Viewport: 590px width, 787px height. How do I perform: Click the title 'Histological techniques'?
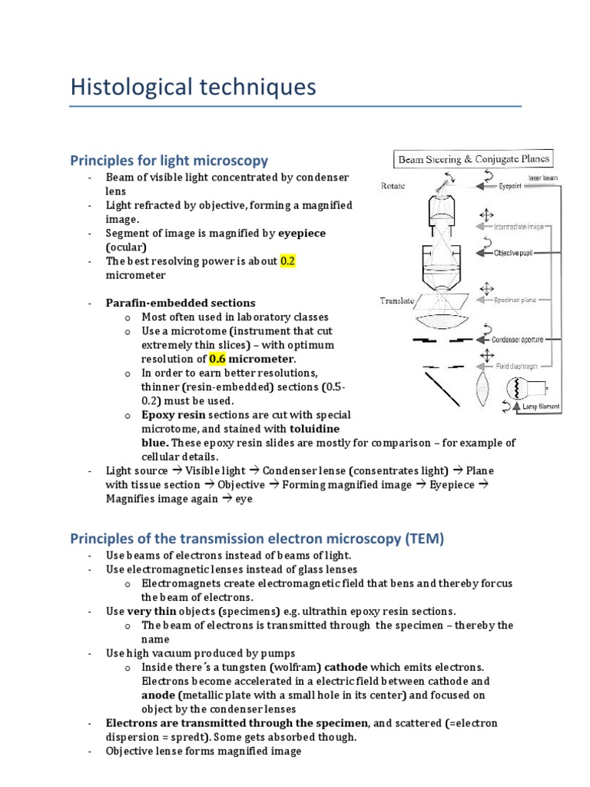point(193,87)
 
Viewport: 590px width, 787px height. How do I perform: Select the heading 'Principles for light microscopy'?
point(169,161)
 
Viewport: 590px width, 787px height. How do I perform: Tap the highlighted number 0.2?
point(288,261)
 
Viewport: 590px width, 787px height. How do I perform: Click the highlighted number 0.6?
point(218,358)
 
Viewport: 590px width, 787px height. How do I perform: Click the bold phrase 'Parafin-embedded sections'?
point(181,303)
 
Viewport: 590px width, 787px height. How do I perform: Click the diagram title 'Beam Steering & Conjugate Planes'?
point(473,160)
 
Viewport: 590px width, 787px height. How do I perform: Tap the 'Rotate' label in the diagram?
point(393,186)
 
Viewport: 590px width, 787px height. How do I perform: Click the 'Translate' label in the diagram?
point(397,301)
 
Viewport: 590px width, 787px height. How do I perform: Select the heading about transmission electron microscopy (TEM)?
point(257,539)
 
